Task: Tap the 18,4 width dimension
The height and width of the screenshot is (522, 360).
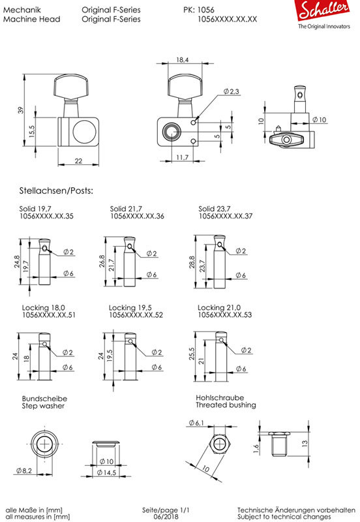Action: pos(183,60)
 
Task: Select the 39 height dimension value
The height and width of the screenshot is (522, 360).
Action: pos(21,110)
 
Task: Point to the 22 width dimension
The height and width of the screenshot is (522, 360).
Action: pos(78,161)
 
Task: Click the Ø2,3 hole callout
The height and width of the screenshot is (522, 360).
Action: pos(232,91)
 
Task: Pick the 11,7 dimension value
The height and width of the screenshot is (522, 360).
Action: pos(183,157)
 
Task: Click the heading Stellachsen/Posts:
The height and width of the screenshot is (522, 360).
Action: pos(56,191)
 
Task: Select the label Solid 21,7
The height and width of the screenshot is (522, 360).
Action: pos(126,209)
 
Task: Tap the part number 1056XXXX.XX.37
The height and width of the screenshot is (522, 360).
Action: pos(226,216)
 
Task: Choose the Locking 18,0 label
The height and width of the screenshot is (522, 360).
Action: pos(43,307)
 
